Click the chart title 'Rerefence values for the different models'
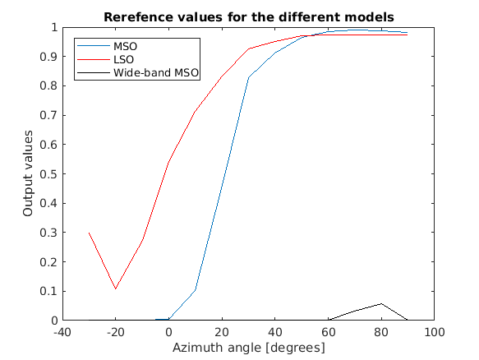click(x=247, y=16)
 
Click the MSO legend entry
click(x=126, y=45)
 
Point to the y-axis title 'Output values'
click(x=28, y=174)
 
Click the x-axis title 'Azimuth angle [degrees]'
click(x=247, y=348)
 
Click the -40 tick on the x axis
click(x=62, y=332)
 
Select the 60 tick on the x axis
click(x=328, y=332)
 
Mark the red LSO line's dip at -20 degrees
click(x=116, y=288)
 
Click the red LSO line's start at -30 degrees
click(x=89, y=233)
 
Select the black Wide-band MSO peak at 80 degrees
click(x=380, y=304)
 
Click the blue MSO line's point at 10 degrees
click(x=195, y=290)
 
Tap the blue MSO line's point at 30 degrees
click(x=248, y=77)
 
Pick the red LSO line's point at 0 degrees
click(x=168, y=162)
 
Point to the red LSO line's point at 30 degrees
click(x=248, y=48)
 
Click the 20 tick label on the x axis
click(x=222, y=332)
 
